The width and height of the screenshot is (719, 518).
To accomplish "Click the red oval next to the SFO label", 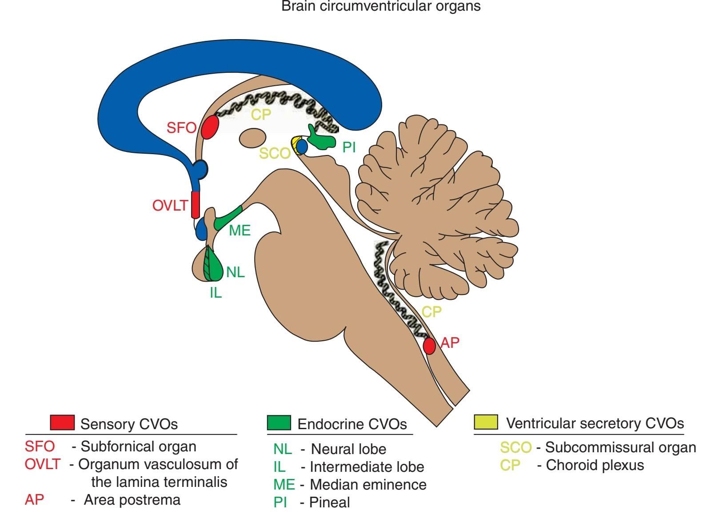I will pyautogui.click(x=210, y=127).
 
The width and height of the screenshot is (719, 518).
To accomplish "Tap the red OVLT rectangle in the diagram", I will pyautogui.click(x=195, y=204).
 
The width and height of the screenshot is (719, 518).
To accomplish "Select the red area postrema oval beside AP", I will pyautogui.click(x=429, y=346).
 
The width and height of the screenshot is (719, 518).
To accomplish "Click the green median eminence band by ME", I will pyautogui.click(x=228, y=218).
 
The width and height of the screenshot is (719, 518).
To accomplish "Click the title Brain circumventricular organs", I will pyautogui.click(x=381, y=6).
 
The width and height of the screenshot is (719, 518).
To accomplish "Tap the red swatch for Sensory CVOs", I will pyautogui.click(x=62, y=422).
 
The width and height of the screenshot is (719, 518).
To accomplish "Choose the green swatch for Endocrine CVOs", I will pyautogui.click(x=279, y=422).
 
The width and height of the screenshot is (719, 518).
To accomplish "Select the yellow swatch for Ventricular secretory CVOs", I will pyautogui.click(x=486, y=422).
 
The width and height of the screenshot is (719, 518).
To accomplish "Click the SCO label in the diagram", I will pyautogui.click(x=274, y=153).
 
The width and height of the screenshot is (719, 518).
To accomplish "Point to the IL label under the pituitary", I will pyautogui.click(x=216, y=293).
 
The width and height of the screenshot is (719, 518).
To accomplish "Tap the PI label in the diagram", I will pyautogui.click(x=349, y=147).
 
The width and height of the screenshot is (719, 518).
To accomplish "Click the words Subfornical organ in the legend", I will pyautogui.click(x=138, y=446).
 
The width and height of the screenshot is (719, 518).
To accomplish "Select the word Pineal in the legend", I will pyautogui.click(x=329, y=502).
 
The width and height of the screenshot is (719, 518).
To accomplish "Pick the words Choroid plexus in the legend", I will pyautogui.click(x=595, y=465).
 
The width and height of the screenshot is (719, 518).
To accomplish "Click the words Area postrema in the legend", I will pyautogui.click(x=132, y=500).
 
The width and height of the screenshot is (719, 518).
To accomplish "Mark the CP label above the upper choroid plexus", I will pyautogui.click(x=261, y=115).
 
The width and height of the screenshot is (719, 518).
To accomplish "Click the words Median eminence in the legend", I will pyautogui.click(x=368, y=484).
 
